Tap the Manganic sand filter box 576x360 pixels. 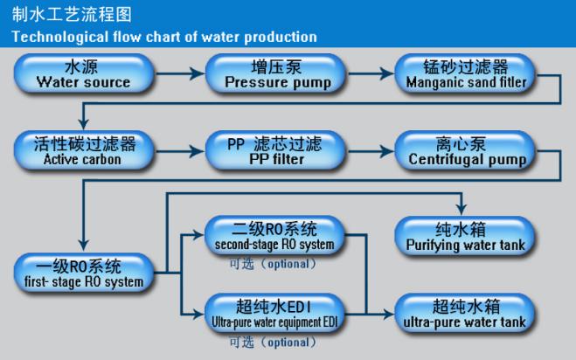[x=466, y=74]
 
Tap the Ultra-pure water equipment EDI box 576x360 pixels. [x=274, y=312]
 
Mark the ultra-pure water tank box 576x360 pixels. [x=466, y=312]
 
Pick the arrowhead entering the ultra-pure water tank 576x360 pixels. [x=391, y=312]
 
